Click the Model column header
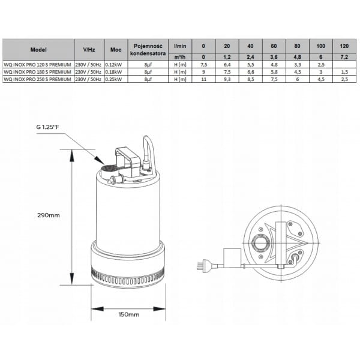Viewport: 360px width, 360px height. click(38, 50)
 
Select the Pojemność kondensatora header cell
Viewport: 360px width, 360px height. click(148, 50)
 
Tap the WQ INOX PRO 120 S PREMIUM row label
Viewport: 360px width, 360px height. click(37, 65)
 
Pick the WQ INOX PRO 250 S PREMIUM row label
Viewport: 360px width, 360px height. click(37, 79)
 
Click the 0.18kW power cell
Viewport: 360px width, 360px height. click(113, 72)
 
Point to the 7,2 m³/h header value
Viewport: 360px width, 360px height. click(344, 57)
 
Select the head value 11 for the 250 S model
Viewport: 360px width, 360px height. click(203, 79)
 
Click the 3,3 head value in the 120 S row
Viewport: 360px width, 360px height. click(298, 65)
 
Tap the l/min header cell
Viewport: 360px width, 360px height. click(180, 46)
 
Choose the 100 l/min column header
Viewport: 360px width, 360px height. click(321, 46)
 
